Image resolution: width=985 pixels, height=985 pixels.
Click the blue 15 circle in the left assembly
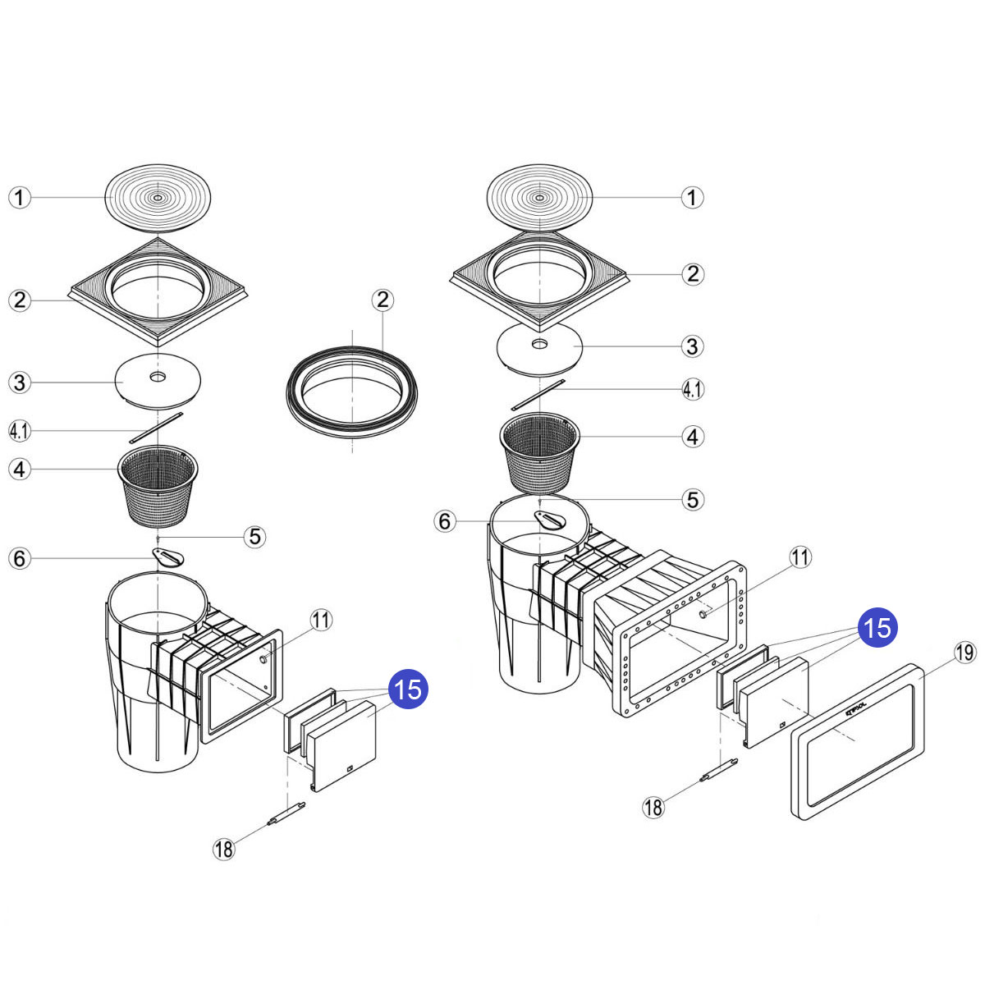(x=409, y=688)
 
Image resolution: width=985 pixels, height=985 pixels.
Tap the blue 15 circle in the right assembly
(x=877, y=628)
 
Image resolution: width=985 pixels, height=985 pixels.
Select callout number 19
(x=965, y=653)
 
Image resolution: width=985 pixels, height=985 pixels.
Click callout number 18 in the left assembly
(x=224, y=849)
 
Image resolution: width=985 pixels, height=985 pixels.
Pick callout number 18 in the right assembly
(x=653, y=807)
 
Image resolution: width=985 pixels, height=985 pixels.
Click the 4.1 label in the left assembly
(x=20, y=429)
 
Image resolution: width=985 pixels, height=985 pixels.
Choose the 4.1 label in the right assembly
(x=693, y=389)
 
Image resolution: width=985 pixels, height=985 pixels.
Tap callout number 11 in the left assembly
(x=322, y=621)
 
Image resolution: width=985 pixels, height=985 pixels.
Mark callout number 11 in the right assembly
(x=800, y=558)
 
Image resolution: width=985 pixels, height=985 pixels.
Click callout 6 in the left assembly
(x=20, y=559)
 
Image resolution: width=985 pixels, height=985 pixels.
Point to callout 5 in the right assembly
(x=693, y=499)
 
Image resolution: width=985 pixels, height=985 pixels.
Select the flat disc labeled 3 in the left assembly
(x=158, y=380)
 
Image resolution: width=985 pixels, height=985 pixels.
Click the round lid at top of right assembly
(x=539, y=198)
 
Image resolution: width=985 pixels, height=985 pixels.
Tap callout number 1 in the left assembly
(x=20, y=198)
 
